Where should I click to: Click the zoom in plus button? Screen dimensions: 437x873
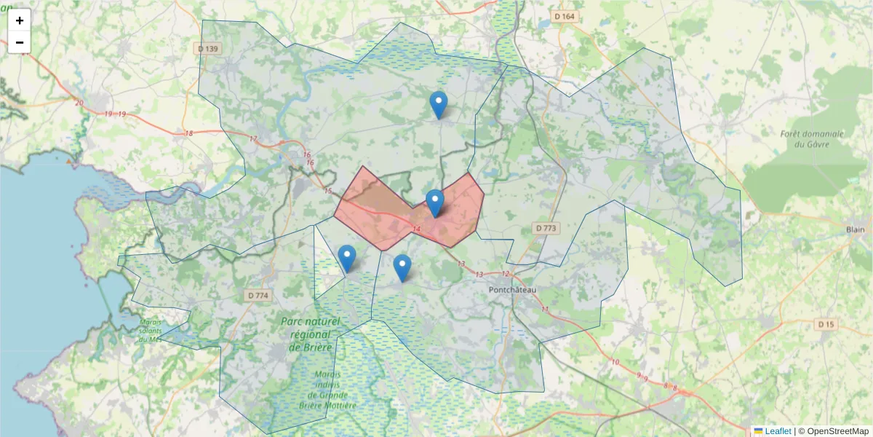(x=20, y=20)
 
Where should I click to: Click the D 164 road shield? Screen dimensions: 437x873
(x=564, y=16)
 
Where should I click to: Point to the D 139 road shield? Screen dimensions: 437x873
(x=209, y=49)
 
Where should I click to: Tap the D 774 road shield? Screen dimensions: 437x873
(x=258, y=296)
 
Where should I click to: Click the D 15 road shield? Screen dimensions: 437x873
(x=826, y=324)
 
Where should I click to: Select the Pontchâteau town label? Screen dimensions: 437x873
(x=512, y=290)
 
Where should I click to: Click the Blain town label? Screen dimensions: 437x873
(x=856, y=229)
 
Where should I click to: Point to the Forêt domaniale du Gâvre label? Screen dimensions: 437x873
(x=812, y=139)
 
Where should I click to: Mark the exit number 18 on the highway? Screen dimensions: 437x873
(x=189, y=133)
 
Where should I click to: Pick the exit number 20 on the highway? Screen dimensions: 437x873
(x=79, y=103)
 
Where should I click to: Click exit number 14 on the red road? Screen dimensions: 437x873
(x=416, y=229)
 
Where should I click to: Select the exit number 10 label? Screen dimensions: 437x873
(x=615, y=361)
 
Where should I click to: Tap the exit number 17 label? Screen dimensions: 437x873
(x=253, y=139)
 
